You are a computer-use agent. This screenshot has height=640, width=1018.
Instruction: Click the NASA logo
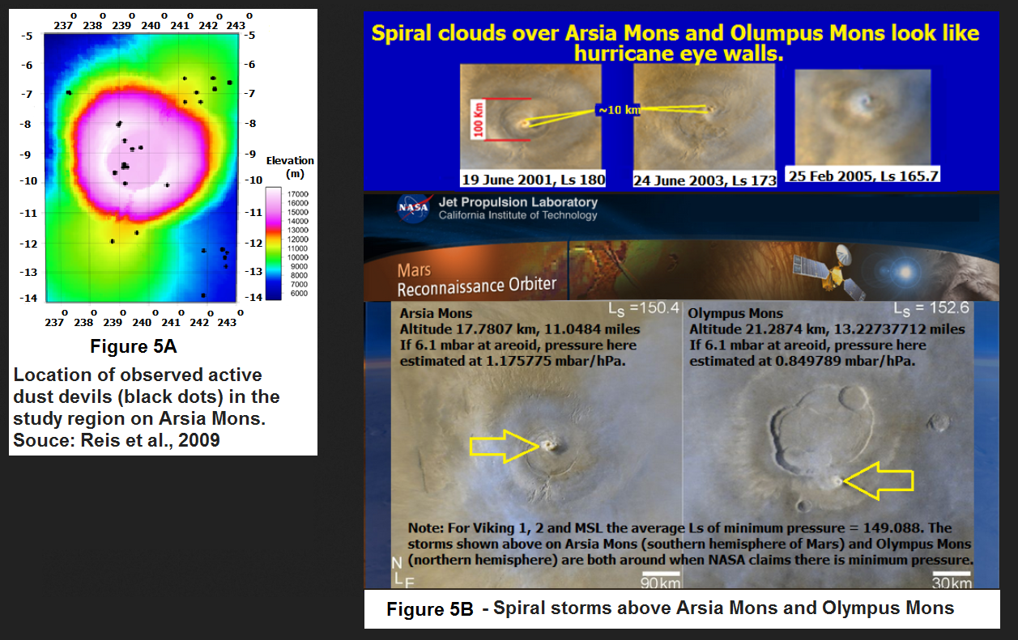tap(413, 208)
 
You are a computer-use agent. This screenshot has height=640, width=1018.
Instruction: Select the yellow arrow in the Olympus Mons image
tap(878, 481)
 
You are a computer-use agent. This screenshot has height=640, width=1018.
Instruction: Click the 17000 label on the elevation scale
tap(298, 194)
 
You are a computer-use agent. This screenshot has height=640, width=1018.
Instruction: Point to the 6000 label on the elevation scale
tap(299, 293)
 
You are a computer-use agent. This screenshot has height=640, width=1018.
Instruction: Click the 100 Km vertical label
tap(478, 120)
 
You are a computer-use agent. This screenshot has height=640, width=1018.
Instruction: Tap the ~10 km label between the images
tap(618, 110)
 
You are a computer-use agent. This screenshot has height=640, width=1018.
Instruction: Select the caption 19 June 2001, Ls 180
tap(534, 180)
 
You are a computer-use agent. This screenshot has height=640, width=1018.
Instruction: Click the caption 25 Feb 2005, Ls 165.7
tap(863, 176)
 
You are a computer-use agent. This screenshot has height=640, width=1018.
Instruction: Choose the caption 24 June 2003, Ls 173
tap(705, 180)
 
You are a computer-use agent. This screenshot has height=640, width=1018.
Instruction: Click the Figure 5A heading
tap(133, 346)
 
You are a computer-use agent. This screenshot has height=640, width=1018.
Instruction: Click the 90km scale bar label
tap(660, 583)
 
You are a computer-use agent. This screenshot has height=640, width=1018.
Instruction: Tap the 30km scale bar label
tap(952, 583)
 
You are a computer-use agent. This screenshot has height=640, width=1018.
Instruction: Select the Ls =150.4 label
tap(644, 308)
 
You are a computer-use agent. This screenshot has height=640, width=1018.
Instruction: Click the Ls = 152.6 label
tap(931, 308)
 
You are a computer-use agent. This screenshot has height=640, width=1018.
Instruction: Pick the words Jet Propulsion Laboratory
tap(518, 202)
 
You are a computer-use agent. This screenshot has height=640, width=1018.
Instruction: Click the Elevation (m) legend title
tap(290, 167)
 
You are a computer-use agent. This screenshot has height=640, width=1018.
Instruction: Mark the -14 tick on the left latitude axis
tap(28, 299)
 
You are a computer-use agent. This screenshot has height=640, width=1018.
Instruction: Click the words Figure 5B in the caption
tap(430, 609)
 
